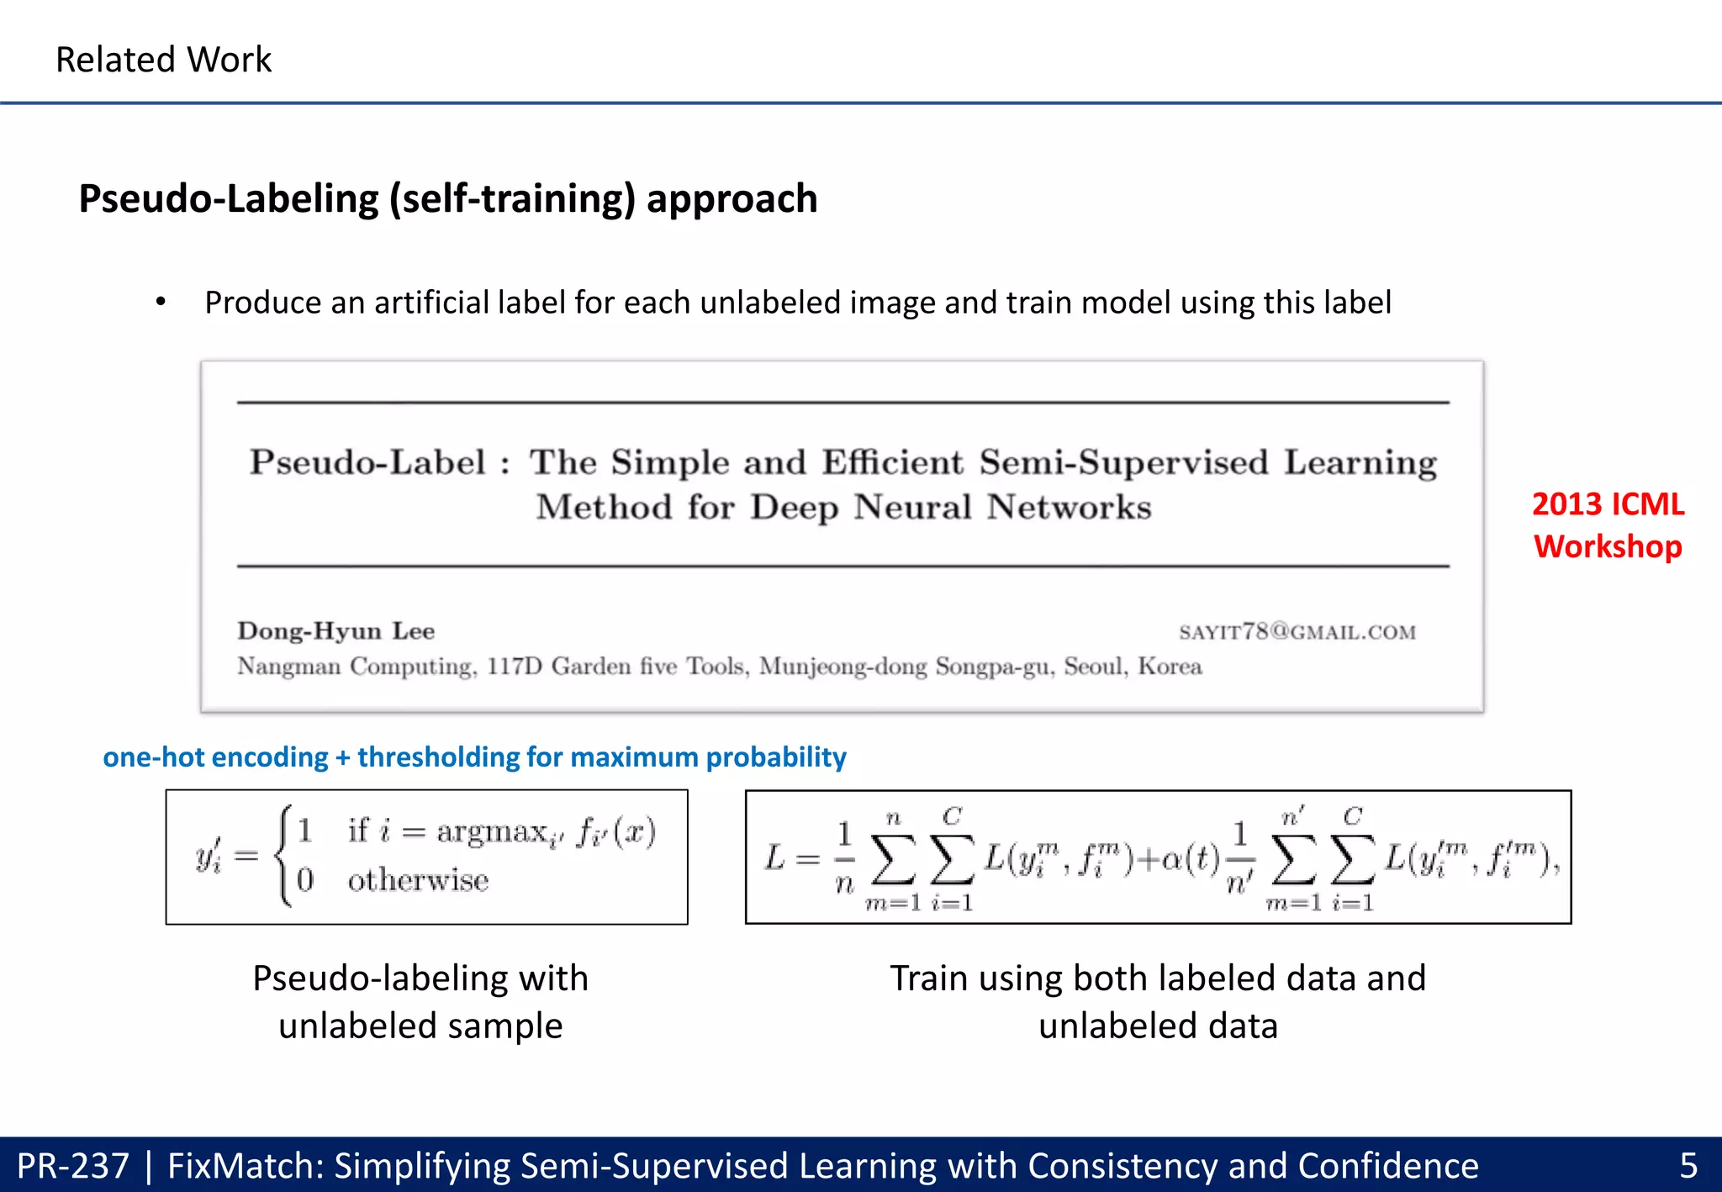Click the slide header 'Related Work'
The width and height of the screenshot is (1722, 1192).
click(163, 61)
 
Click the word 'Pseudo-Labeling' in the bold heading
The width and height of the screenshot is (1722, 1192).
click(228, 199)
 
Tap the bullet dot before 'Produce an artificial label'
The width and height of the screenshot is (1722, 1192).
click(161, 302)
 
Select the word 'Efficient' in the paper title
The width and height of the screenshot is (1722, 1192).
click(893, 463)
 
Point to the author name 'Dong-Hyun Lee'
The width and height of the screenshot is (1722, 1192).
click(335, 631)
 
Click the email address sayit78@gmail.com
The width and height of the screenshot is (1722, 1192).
click(1297, 632)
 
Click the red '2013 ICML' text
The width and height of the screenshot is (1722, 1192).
click(1608, 504)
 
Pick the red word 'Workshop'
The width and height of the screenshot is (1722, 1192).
click(1608, 547)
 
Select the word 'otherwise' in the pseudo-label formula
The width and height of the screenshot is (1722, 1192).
click(418, 880)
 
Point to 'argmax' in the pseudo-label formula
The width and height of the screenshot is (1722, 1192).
click(492, 831)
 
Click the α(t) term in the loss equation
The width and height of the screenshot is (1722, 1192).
click(1190, 858)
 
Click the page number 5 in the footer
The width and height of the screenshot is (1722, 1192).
click(1688, 1166)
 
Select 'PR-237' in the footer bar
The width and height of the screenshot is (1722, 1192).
click(73, 1166)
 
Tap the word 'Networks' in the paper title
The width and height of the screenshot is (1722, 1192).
click(1069, 508)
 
